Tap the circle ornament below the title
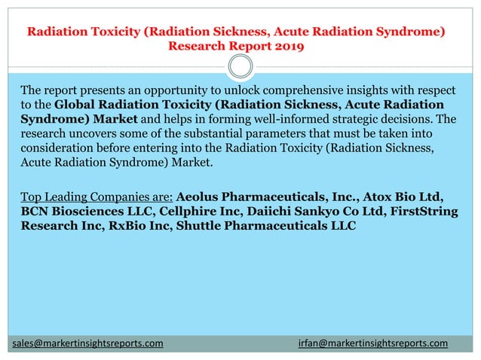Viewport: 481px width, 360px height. pyautogui.click(x=240, y=67)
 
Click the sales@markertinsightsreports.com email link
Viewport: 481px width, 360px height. pyautogui.click(x=88, y=343)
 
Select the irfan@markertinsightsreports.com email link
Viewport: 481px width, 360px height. pyautogui.click(x=372, y=343)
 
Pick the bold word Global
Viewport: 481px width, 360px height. pyautogui.click(x=77, y=105)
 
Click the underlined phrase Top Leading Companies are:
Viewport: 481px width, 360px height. pyautogui.click(x=97, y=197)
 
